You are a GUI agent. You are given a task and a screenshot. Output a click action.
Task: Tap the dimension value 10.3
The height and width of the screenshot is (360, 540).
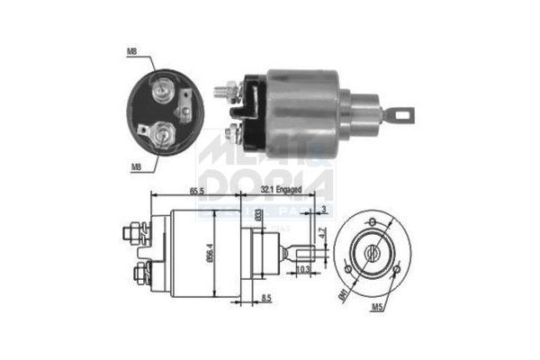[x=303, y=269]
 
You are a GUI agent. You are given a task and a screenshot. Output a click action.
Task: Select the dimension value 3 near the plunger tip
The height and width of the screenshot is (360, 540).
[x=323, y=211]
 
